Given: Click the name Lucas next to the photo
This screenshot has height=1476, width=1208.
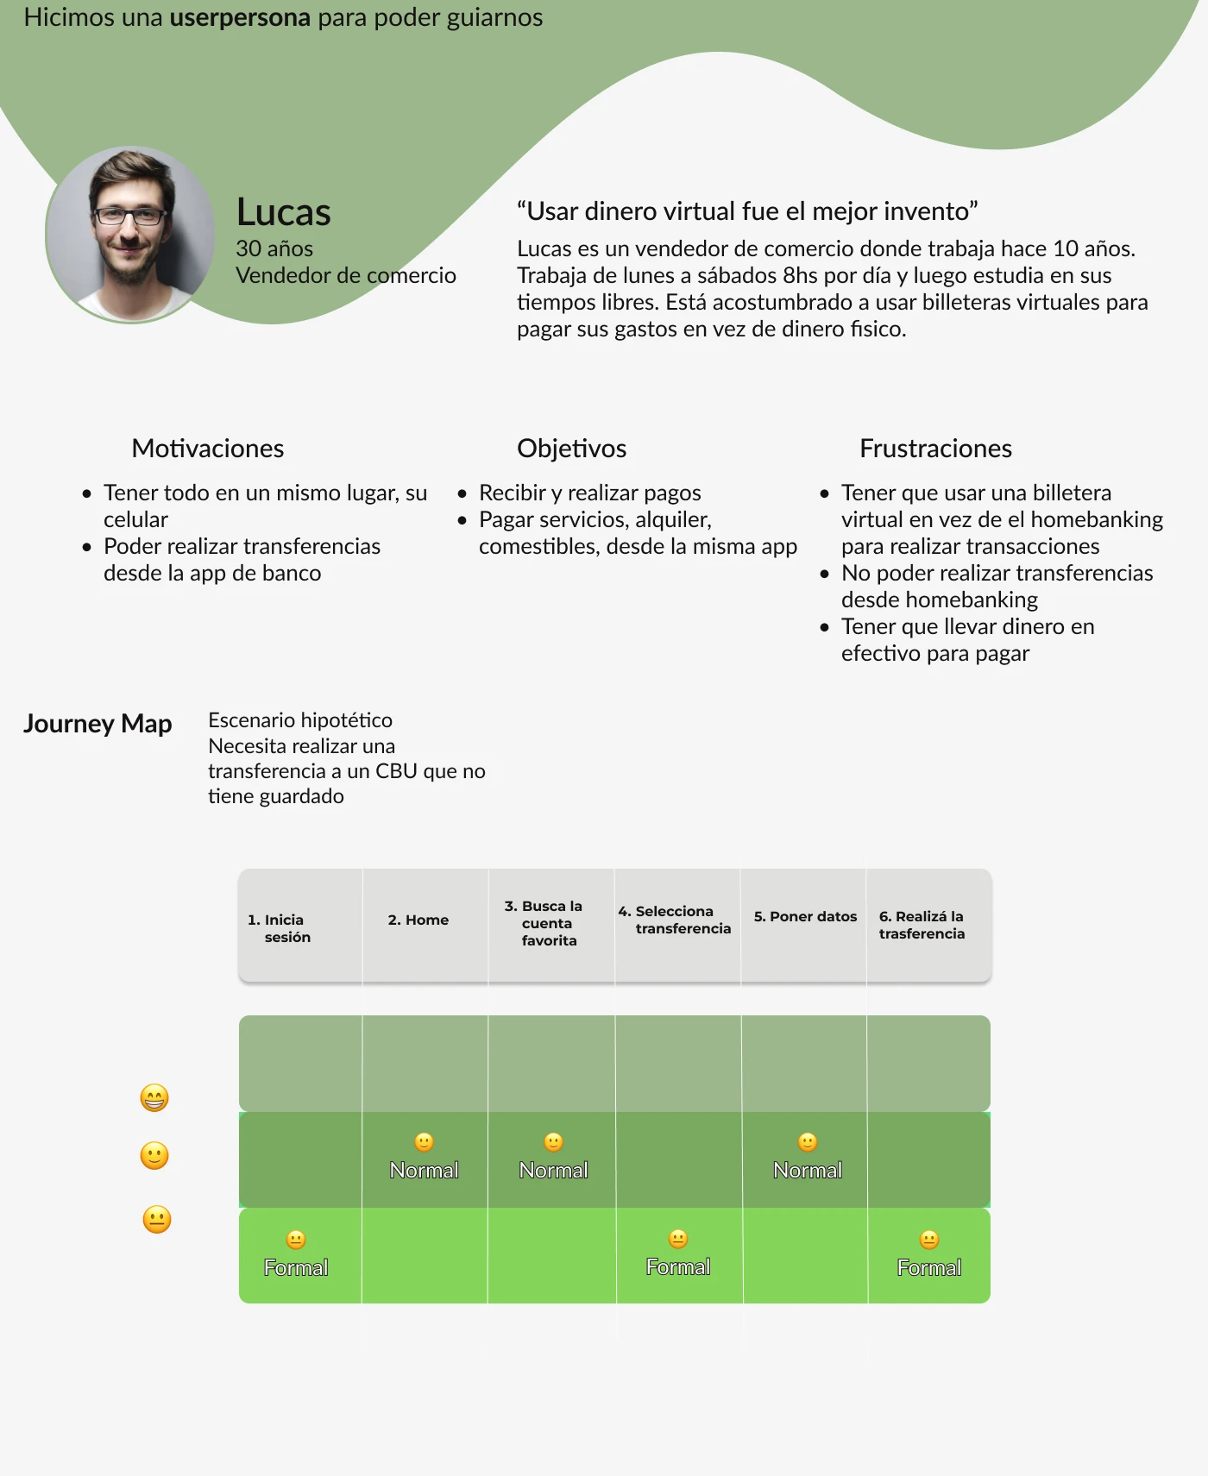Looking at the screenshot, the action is [x=284, y=212].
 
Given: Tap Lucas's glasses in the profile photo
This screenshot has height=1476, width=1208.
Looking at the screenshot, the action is [x=129, y=216].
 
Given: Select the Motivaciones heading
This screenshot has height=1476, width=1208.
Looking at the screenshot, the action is [x=208, y=449].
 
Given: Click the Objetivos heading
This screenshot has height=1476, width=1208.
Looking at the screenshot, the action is [x=572, y=449].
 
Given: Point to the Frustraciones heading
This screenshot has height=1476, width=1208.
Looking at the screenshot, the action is [x=936, y=449].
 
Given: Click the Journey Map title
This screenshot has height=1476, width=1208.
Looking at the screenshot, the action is [x=98, y=723].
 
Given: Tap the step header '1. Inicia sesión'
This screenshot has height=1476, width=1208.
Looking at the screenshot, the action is [x=279, y=928].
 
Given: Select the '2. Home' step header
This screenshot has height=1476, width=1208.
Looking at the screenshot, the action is [x=418, y=920].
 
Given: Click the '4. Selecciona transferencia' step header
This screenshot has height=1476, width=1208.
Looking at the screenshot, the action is [x=675, y=920].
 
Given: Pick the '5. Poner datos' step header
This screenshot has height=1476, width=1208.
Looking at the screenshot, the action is [x=806, y=916].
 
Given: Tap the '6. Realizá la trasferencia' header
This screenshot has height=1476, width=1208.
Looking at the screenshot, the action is [x=922, y=925].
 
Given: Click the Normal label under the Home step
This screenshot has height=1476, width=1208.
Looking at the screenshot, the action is [x=424, y=1171].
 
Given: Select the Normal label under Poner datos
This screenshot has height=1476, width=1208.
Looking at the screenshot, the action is [x=808, y=1171].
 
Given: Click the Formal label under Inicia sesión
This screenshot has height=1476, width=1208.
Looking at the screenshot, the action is [x=296, y=1268].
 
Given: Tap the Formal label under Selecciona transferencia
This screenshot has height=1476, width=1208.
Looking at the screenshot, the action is [x=678, y=1267].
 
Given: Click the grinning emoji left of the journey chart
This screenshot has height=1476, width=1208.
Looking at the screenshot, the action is [x=154, y=1098].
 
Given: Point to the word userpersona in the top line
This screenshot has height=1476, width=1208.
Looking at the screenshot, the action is [x=240, y=18].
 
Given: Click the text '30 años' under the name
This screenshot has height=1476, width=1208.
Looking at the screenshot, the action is [x=274, y=249].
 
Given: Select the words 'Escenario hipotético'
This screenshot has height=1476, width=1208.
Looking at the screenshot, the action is [x=300, y=721].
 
